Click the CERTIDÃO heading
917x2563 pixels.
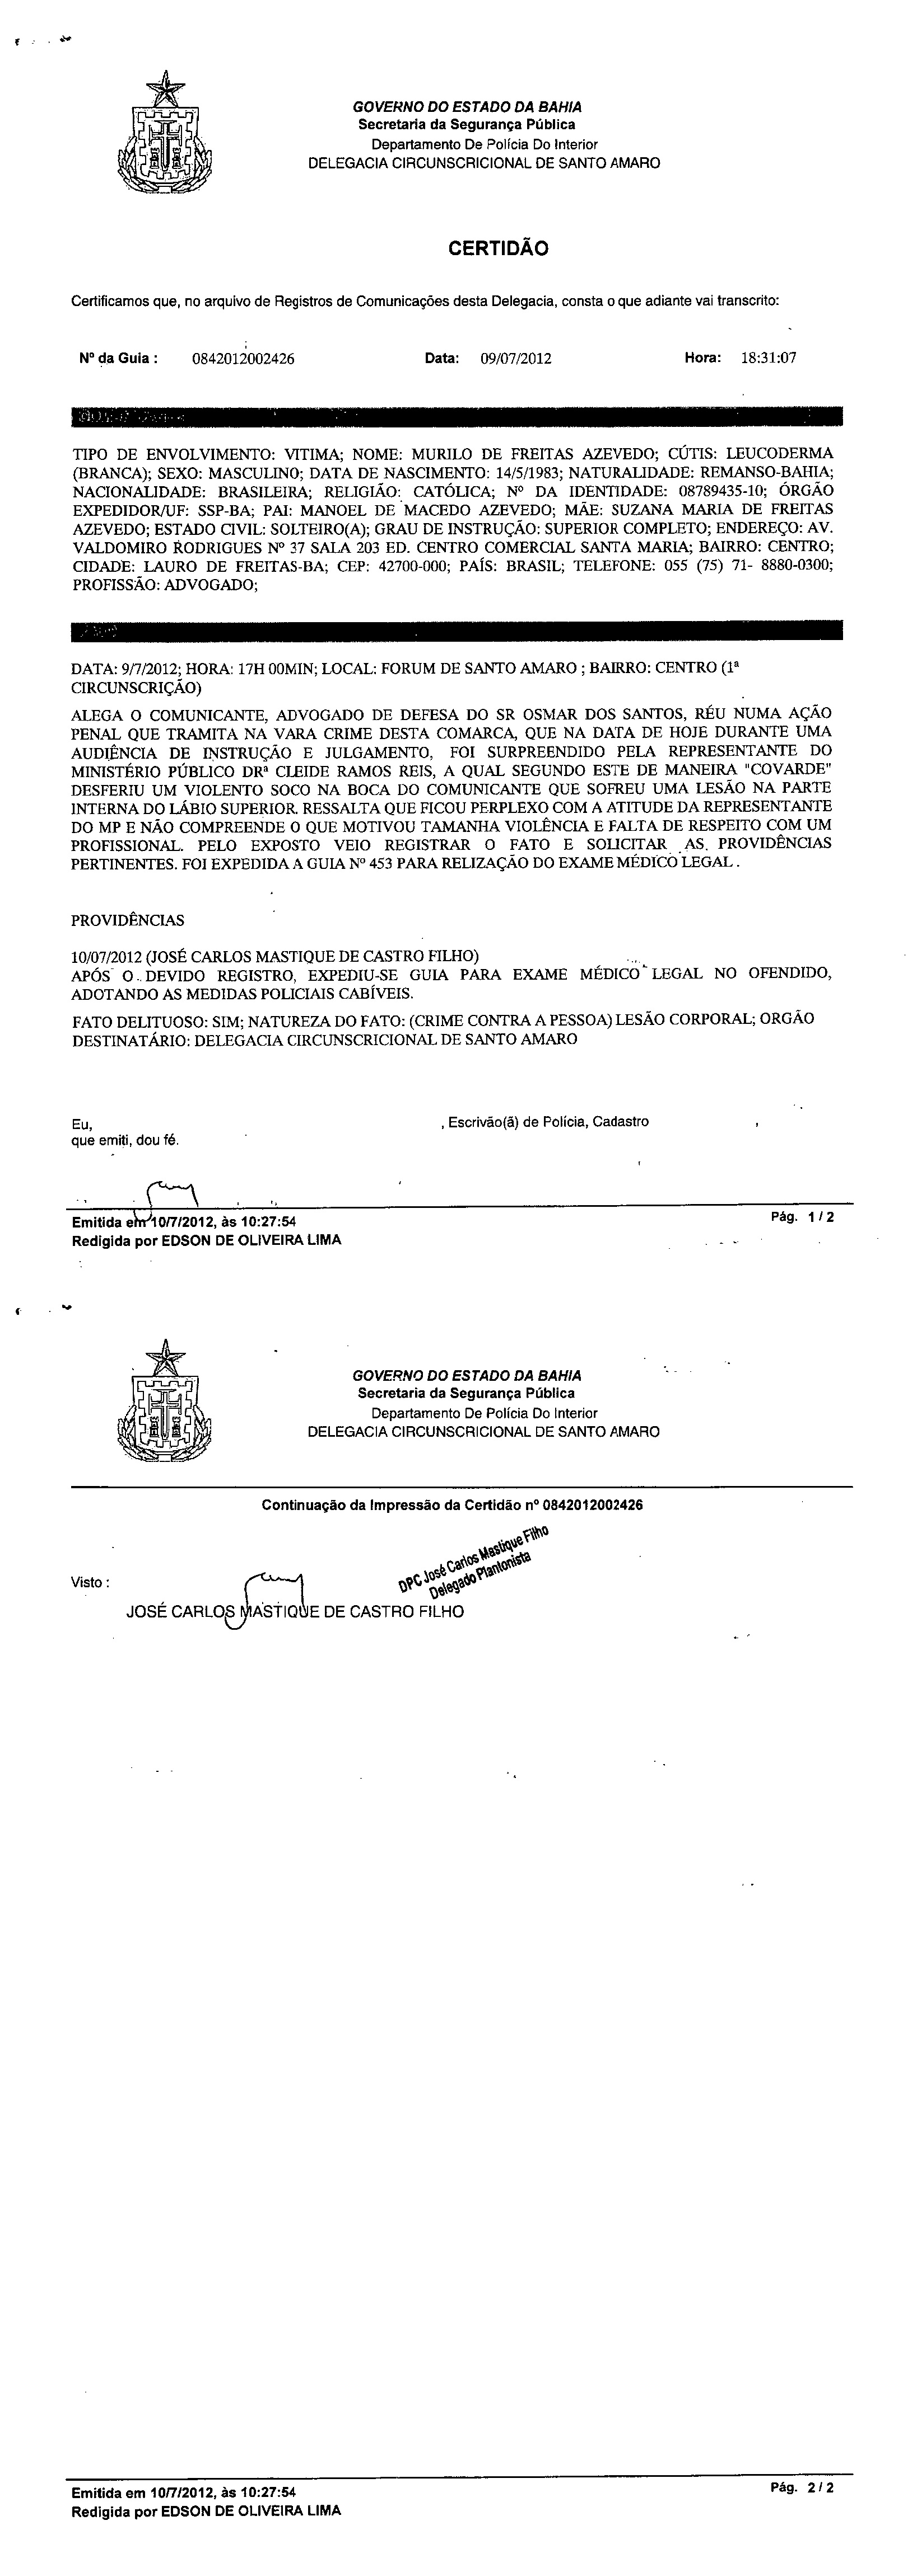pyautogui.click(x=498, y=249)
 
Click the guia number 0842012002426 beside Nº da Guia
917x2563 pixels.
pyautogui.click(x=243, y=359)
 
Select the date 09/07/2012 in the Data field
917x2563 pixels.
pyautogui.click(x=516, y=359)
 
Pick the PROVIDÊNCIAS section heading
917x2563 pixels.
pyautogui.click(x=128, y=921)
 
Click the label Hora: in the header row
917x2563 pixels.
pyautogui.click(x=702, y=358)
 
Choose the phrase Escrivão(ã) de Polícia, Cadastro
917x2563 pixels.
pyautogui.click(x=548, y=1121)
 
